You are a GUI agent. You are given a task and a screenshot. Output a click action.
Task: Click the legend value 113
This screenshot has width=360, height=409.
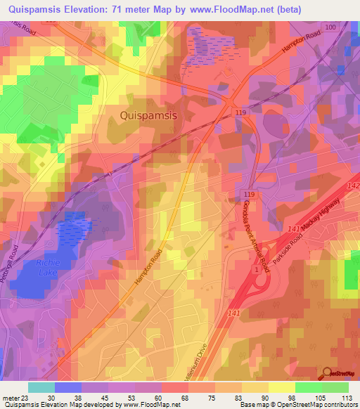(x=345, y=398)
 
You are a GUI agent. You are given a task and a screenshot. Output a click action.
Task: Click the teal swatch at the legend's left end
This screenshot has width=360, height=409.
(x=41, y=387)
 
